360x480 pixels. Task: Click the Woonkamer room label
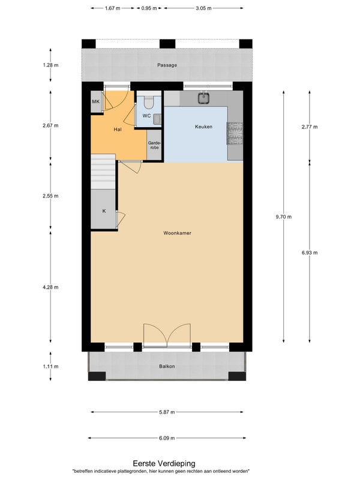pyautogui.click(x=177, y=233)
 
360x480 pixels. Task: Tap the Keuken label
pyautogui.click(x=203, y=127)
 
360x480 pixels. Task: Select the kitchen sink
pyautogui.click(x=203, y=98)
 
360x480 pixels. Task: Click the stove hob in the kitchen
pyautogui.click(x=235, y=133)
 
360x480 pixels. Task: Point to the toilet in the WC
pyautogui.click(x=149, y=102)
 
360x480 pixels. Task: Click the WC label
pyautogui.click(x=146, y=116)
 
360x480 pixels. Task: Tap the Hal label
pyautogui.click(x=118, y=130)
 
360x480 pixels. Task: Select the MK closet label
pyautogui.click(x=96, y=101)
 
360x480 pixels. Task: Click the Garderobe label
pyautogui.click(x=154, y=145)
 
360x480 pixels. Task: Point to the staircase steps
pyautogui.click(x=103, y=172)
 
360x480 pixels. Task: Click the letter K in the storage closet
pyautogui.click(x=104, y=211)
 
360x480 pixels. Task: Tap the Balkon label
pyautogui.click(x=167, y=366)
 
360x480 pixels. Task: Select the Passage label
pyautogui.click(x=167, y=65)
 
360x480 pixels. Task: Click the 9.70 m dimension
pyautogui.click(x=284, y=217)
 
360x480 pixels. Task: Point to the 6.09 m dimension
pyautogui.click(x=167, y=438)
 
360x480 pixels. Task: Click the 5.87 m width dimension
pyautogui.click(x=167, y=412)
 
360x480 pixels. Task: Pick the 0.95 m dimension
pyautogui.click(x=149, y=8)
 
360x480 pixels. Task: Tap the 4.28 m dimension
pyautogui.click(x=50, y=287)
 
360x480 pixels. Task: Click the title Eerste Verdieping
pyautogui.click(x=164, y=463)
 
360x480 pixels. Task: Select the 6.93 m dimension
pyautogui.click(x=310, y=253)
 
